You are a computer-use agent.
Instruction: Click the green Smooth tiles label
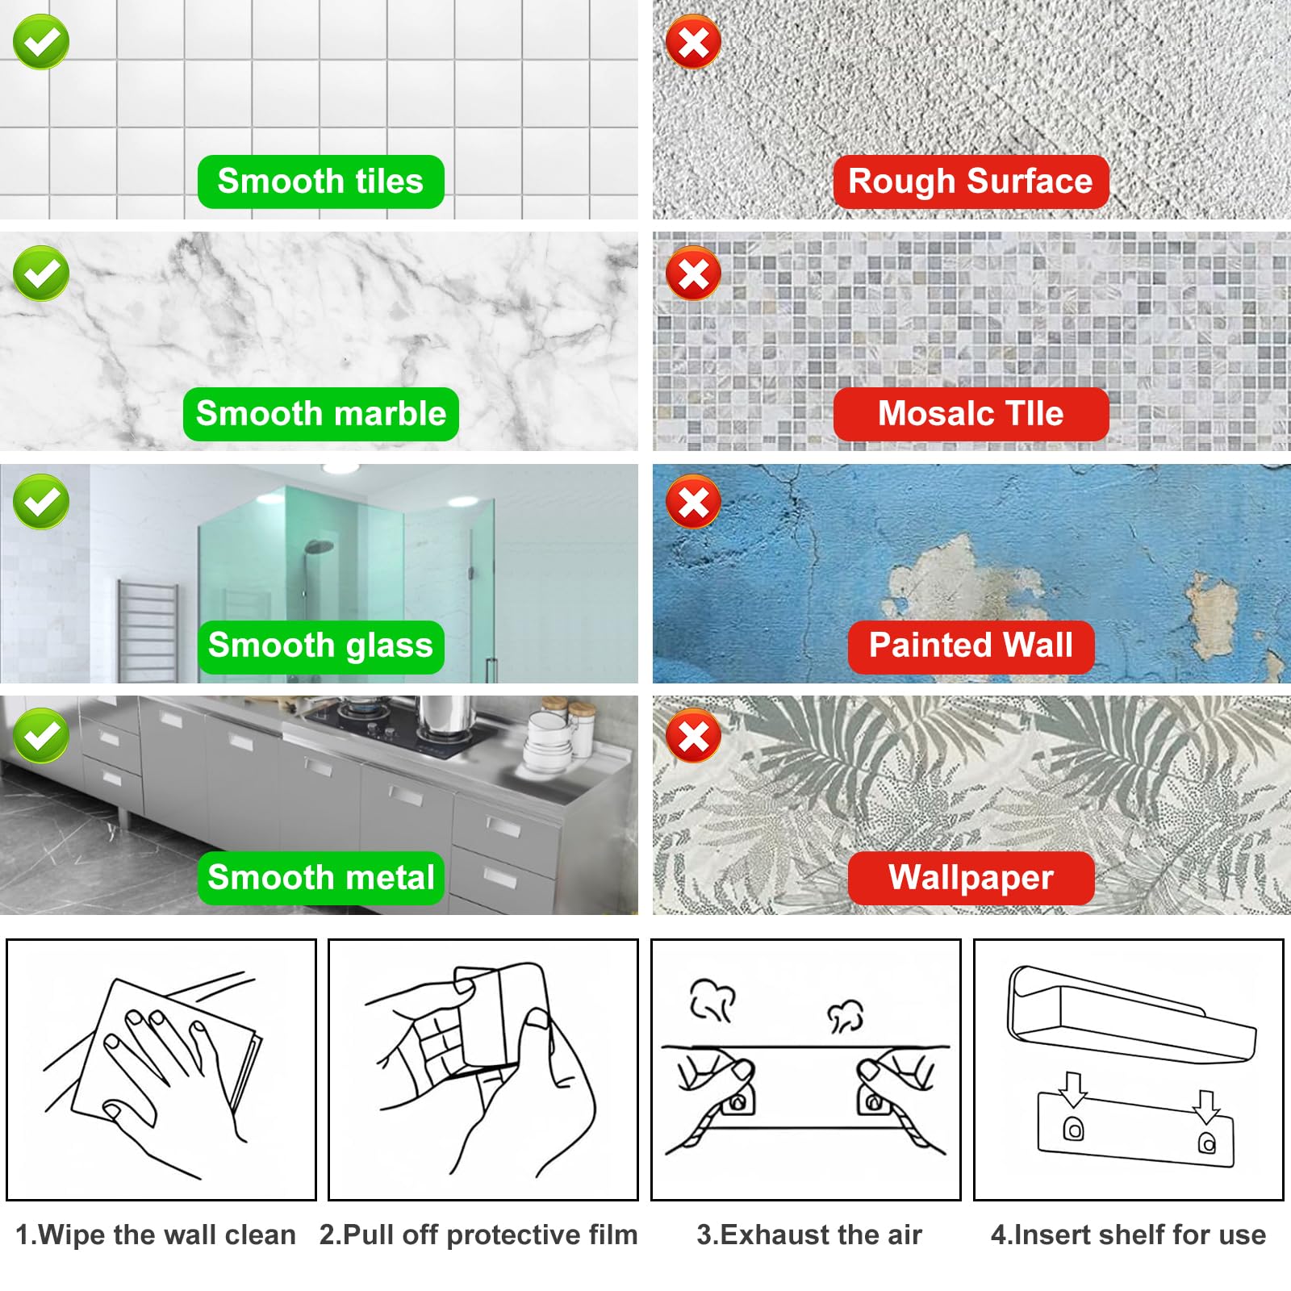[320, 182]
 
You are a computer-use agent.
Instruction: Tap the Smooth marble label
[320, 414]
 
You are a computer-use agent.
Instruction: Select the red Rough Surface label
[971, 182]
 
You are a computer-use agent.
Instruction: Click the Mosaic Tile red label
[971, 414]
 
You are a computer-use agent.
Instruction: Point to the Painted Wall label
[971, 645]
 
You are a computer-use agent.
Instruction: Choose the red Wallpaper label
[971, 877]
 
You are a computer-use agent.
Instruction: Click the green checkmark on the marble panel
[41, 274]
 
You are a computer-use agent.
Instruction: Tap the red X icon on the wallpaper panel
[693, 736]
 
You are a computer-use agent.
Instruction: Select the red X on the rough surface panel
[693, 42]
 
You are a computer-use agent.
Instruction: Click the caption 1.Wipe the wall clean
[156, 1235]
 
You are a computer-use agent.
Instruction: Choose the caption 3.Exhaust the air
[808, 1235]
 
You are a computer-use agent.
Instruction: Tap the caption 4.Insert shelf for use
[1128, 1235]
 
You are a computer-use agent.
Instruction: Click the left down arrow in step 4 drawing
[1072, 1090]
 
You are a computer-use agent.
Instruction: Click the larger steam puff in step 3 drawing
[712, 1001]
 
